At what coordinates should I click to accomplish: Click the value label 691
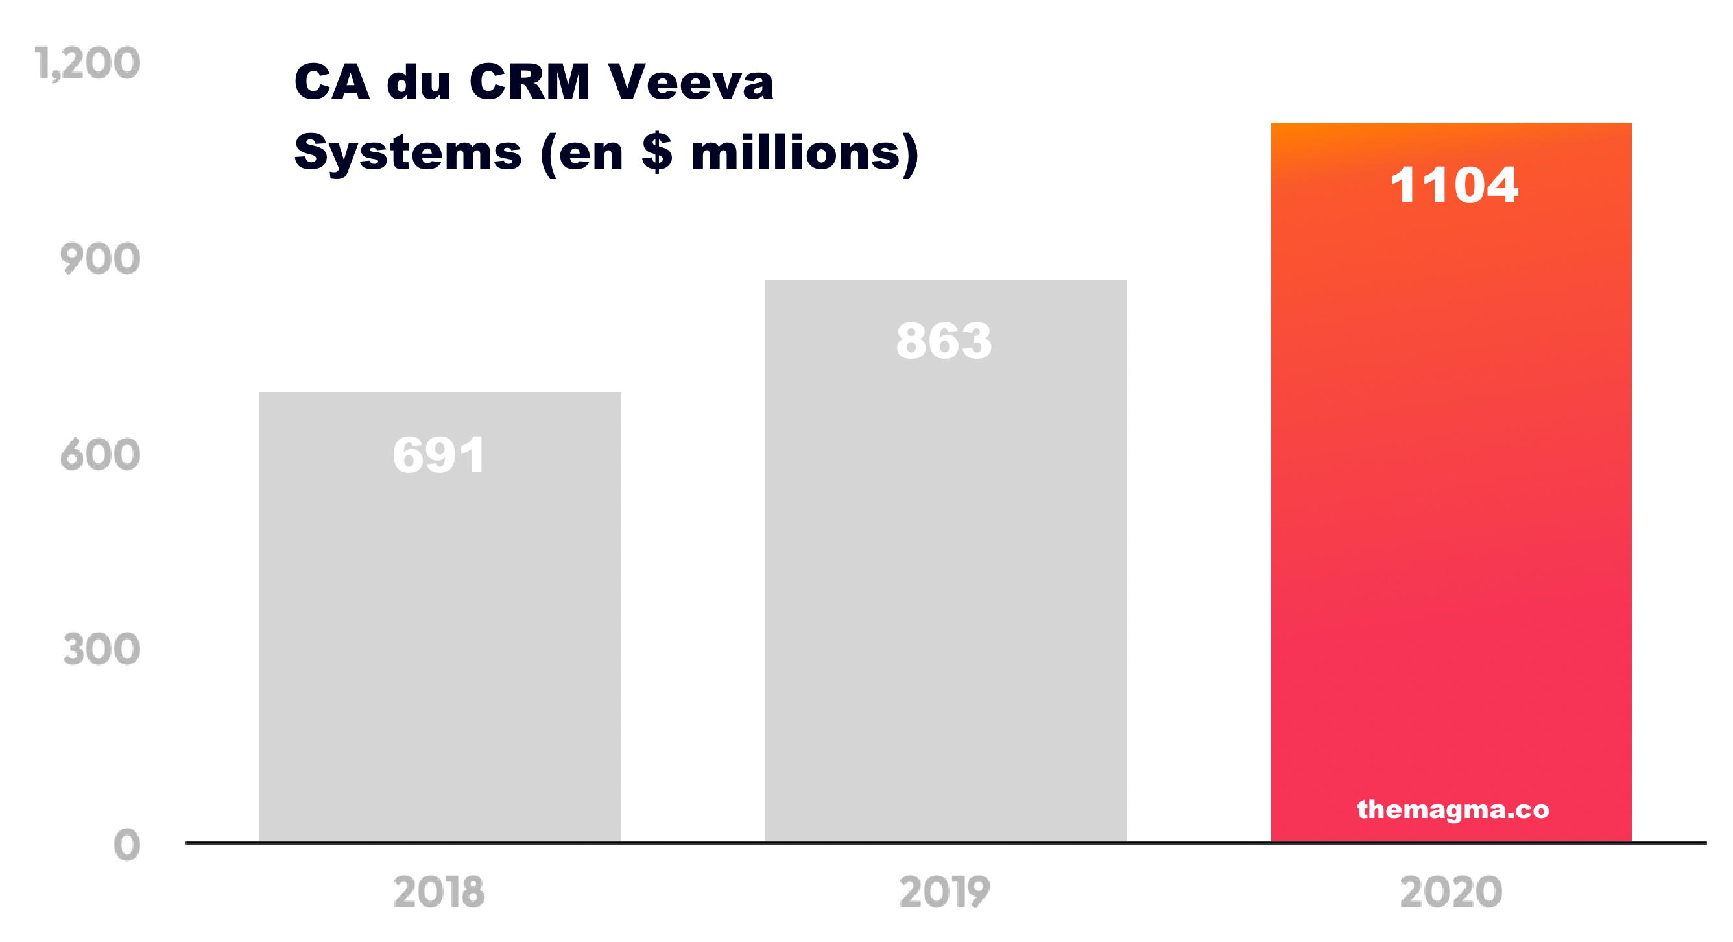tap(438, 455)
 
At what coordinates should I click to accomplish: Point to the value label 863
tap(944, 341)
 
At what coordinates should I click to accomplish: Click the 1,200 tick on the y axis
tap(88, 65)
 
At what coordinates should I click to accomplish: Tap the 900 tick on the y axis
tap(101, 260)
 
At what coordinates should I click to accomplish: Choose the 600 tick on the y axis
tap(101, 455)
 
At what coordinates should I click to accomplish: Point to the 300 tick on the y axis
tap(102, 651)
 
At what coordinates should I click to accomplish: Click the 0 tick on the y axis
tap(127, 846)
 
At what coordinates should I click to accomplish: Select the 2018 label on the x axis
tap(438, 893)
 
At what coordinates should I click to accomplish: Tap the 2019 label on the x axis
tap(944, 893)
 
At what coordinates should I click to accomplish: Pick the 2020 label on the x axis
tap(1451, 893)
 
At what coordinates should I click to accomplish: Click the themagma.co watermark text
tap(1453, 810)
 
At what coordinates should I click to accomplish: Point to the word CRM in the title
tap(530, 83)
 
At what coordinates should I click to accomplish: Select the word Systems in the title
tap(408, 153)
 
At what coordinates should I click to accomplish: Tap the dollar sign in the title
tap(656, 153)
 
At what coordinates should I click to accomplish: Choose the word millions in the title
tap(795, 153)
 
